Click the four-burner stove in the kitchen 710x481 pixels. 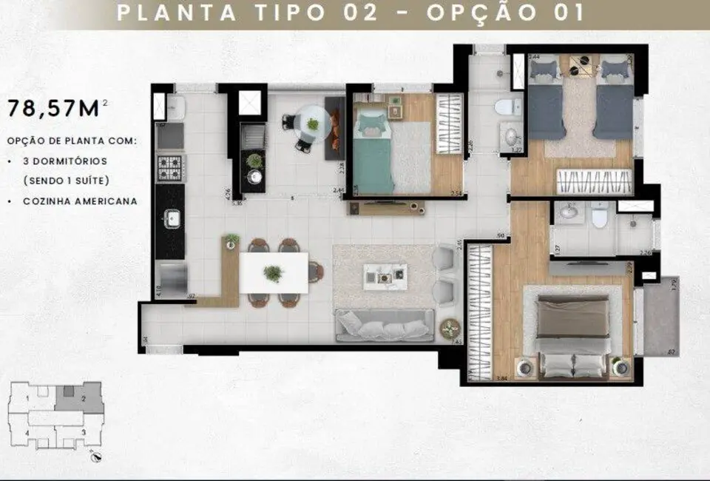click(x=170, y=169)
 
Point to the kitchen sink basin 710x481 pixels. click(x=170, y=218)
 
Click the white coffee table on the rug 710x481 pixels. click(x=384, y=277)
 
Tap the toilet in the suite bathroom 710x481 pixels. click(x=600, y=217)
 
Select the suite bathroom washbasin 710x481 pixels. click(x=568, y=212)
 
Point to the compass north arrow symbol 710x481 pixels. click(x=94, y=457)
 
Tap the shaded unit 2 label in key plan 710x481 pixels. click(x=84, y=399)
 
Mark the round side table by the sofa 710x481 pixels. click(x=450, y=329)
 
